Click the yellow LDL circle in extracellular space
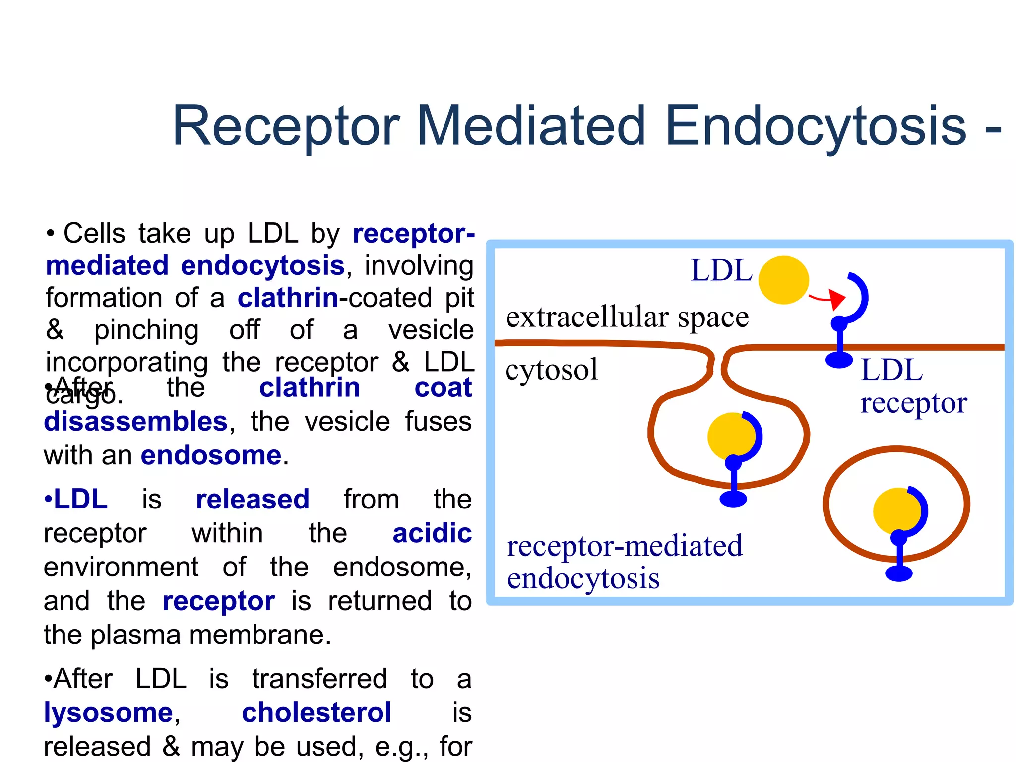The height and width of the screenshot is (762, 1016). point(784,280)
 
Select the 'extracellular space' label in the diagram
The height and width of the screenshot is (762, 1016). point(627,317)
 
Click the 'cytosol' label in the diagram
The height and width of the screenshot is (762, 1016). point(551,370)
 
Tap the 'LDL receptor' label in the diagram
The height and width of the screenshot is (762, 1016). point(913,386)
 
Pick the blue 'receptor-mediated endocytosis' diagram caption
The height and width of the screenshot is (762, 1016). point(624,562)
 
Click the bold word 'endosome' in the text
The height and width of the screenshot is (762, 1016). point(211,455)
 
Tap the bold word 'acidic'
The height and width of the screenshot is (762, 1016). point(432,534)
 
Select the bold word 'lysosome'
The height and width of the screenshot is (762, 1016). point(108,713)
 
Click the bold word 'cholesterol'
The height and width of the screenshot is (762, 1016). point(317,713)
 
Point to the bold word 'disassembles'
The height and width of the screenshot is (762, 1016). point(135,422)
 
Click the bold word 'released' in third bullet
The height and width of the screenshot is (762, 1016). point(253,500)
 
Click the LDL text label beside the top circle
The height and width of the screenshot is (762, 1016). point(721,271)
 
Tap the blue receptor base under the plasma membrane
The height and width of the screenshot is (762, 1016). point(839,360)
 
